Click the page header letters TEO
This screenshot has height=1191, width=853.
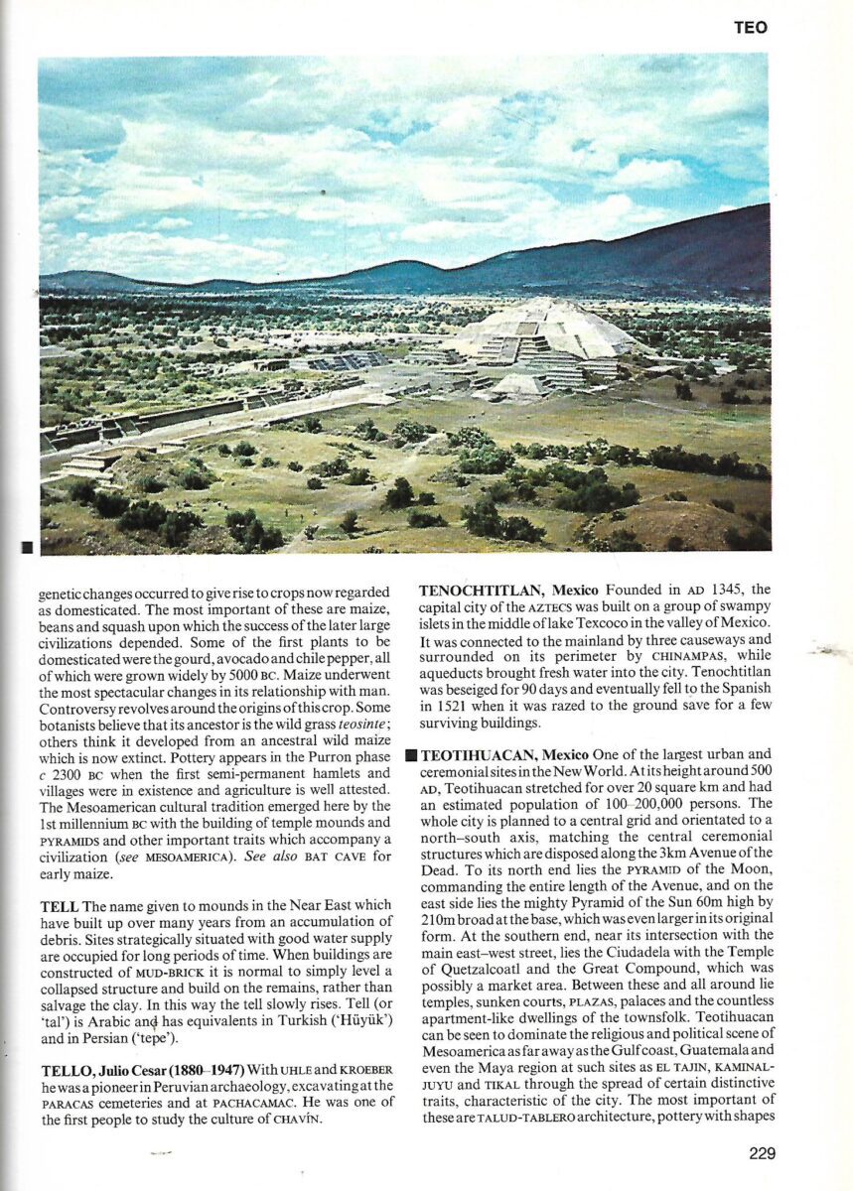click(751, 29)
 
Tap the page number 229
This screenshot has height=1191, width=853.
click(756, 1153)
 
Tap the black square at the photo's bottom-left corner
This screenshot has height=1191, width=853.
click(28, 547)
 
